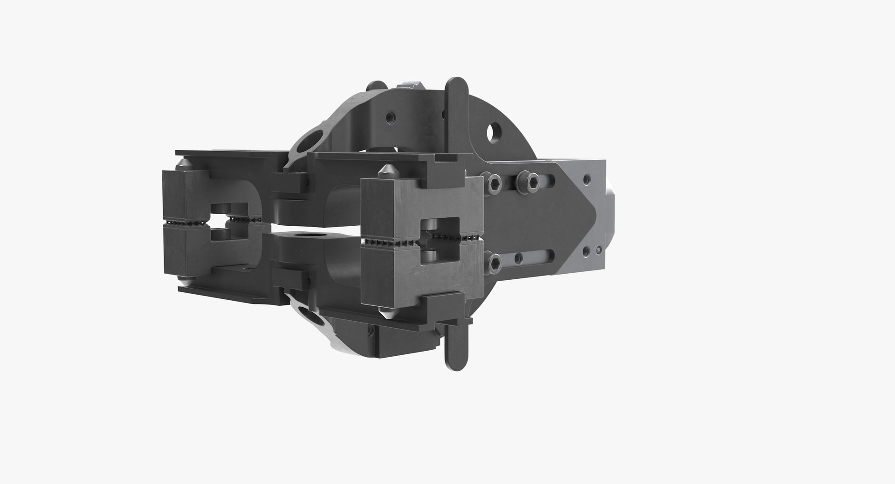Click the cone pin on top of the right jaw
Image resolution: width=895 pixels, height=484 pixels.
(x=388, y=170)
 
